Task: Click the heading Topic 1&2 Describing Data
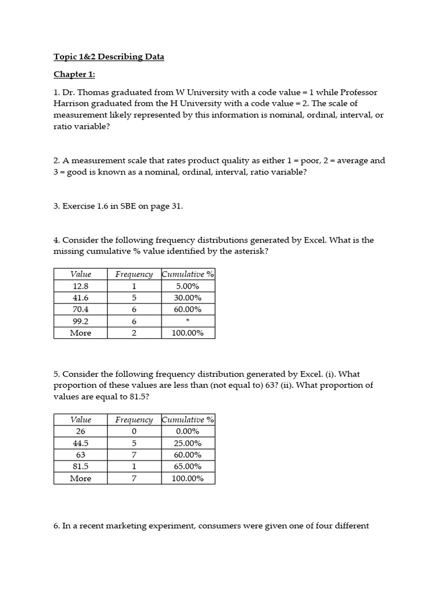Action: point(109,57)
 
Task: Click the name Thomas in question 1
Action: point(92,92)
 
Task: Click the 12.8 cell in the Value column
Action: point(81,286)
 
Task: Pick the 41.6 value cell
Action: point(81,298)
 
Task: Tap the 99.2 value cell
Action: point(81,321)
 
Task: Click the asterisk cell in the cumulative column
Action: point(187,321)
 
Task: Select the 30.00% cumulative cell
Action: point(187,298)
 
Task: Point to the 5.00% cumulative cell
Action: point(187,286)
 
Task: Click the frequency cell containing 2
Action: point(134,333)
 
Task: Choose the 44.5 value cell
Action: point(81,443)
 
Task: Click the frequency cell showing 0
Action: point(134,431)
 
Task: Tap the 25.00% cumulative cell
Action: point(187,443)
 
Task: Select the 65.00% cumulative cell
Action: point(187,466)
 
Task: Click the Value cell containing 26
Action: point(81,431)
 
